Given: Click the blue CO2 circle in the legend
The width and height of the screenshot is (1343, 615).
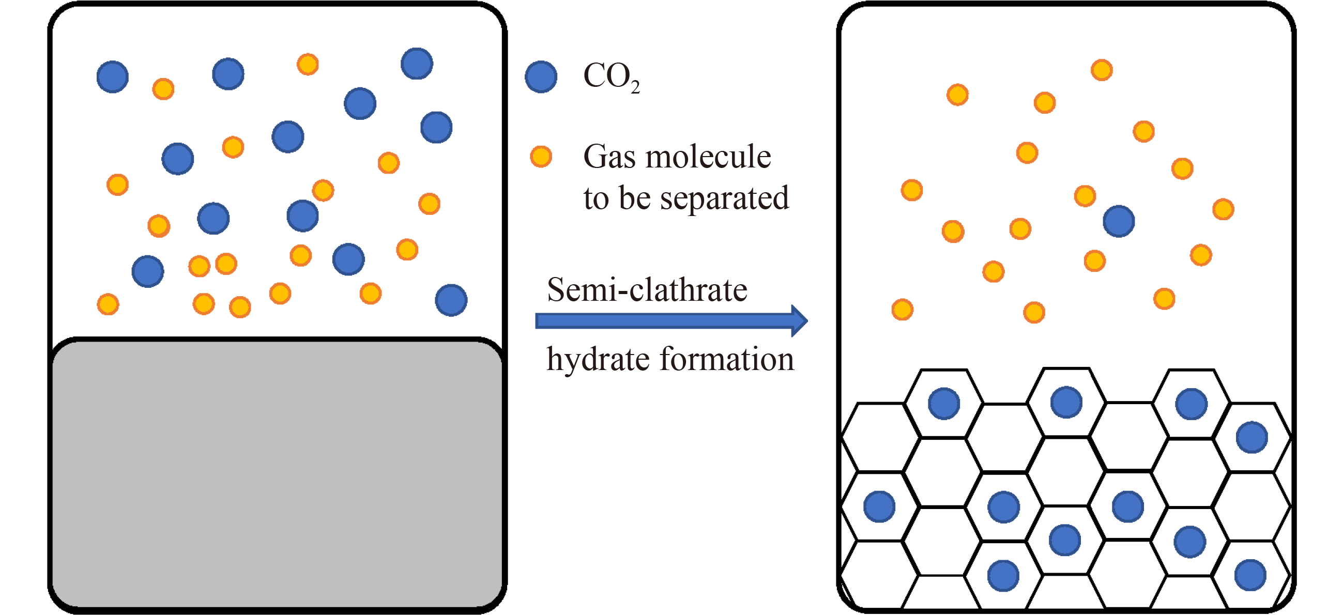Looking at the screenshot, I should [x=541, y=77].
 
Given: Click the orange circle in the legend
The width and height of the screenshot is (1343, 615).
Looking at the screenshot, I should [x=541, y=157].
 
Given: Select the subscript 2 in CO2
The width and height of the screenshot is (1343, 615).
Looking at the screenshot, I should [x=635, y=87].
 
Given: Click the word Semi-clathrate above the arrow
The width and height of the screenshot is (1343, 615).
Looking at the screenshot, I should [x=647, y=290].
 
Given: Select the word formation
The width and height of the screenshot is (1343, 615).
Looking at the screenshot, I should [x=727, y=360].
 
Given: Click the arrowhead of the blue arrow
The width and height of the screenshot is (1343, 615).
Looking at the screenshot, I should [x=799, y=321].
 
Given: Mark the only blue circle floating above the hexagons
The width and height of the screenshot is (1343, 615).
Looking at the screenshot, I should [x=1119, y=222].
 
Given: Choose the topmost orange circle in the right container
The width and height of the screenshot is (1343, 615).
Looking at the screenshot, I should [x=1102, y=70].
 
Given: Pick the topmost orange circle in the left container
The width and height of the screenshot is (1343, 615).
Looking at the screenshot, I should [x=308, y=64].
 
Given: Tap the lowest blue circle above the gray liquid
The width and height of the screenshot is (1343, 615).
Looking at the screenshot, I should [x=451, y=300].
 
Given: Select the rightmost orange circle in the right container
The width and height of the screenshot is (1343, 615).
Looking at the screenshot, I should [x=1223, y=209].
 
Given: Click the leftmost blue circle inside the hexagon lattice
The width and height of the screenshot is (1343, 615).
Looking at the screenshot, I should [x=879, y=506].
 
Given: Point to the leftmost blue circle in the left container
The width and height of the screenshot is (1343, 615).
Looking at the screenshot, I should [x=113, y=77].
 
